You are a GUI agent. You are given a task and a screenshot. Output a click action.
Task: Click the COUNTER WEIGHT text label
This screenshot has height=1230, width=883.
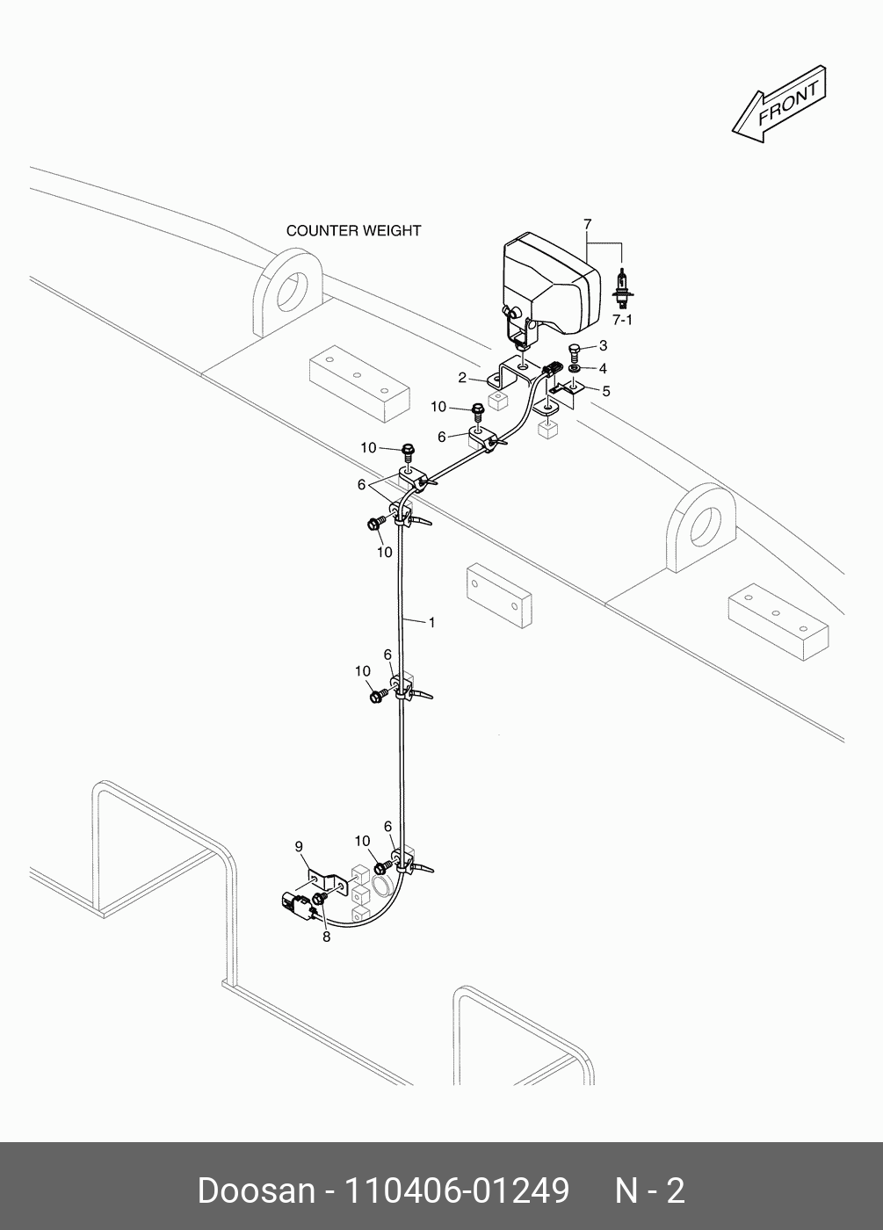coord(353,231)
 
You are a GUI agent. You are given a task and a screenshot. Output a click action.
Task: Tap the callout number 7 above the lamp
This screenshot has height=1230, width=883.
coord(588,225)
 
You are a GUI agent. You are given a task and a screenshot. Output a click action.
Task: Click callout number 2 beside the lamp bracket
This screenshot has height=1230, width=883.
coord(461,378)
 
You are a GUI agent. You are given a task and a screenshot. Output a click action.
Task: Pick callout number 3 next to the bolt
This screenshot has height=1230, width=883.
coord(603,346)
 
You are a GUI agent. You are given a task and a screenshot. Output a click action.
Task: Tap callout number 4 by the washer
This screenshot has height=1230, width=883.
coord(603,368)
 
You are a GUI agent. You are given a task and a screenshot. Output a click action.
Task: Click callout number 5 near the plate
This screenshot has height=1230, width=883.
coord(605,391)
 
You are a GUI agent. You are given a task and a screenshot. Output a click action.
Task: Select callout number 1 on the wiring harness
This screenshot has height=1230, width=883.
coord(431,622)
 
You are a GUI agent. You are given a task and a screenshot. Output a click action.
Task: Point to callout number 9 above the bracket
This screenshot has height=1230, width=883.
coord(299,846)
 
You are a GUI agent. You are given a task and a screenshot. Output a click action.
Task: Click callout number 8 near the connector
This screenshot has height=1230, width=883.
coord(326,937)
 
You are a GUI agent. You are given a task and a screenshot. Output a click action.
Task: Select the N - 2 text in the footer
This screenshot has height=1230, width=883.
coord(649,1190)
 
